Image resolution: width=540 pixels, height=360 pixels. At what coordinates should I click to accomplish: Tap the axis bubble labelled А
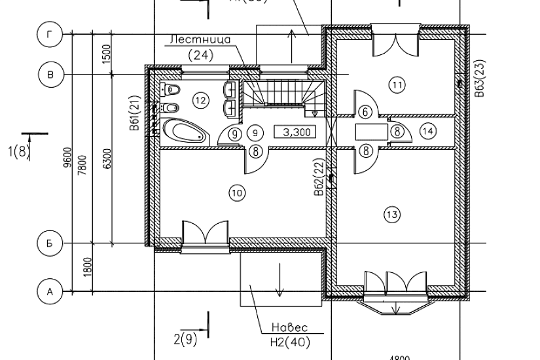point(49,292)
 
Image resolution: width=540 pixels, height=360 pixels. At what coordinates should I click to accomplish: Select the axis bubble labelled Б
point(49,242)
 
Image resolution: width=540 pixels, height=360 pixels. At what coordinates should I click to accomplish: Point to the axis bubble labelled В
point(49,75)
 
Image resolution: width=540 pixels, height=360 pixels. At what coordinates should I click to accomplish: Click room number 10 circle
point(236,192)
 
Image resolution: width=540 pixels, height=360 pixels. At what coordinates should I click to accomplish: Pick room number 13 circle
point(391,215)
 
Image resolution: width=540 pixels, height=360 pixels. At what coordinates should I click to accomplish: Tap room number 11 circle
point(396,84)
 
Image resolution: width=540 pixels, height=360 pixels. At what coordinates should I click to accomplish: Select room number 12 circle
point(200,100)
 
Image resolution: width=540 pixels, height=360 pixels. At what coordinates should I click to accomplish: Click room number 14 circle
point(428,131)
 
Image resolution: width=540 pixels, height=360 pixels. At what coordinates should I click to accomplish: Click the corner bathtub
point(184,131)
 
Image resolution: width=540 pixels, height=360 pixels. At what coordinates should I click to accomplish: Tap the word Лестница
point(200,40)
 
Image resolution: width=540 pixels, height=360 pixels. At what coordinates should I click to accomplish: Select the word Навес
point(289,328)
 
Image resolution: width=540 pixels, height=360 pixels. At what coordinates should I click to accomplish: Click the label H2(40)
point(289,341)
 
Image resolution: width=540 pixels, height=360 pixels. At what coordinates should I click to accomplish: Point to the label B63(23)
point(480,79)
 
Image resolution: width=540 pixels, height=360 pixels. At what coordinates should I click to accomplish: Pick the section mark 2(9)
point(186,339)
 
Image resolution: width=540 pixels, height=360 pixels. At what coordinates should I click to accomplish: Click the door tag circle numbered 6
point(365,112)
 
